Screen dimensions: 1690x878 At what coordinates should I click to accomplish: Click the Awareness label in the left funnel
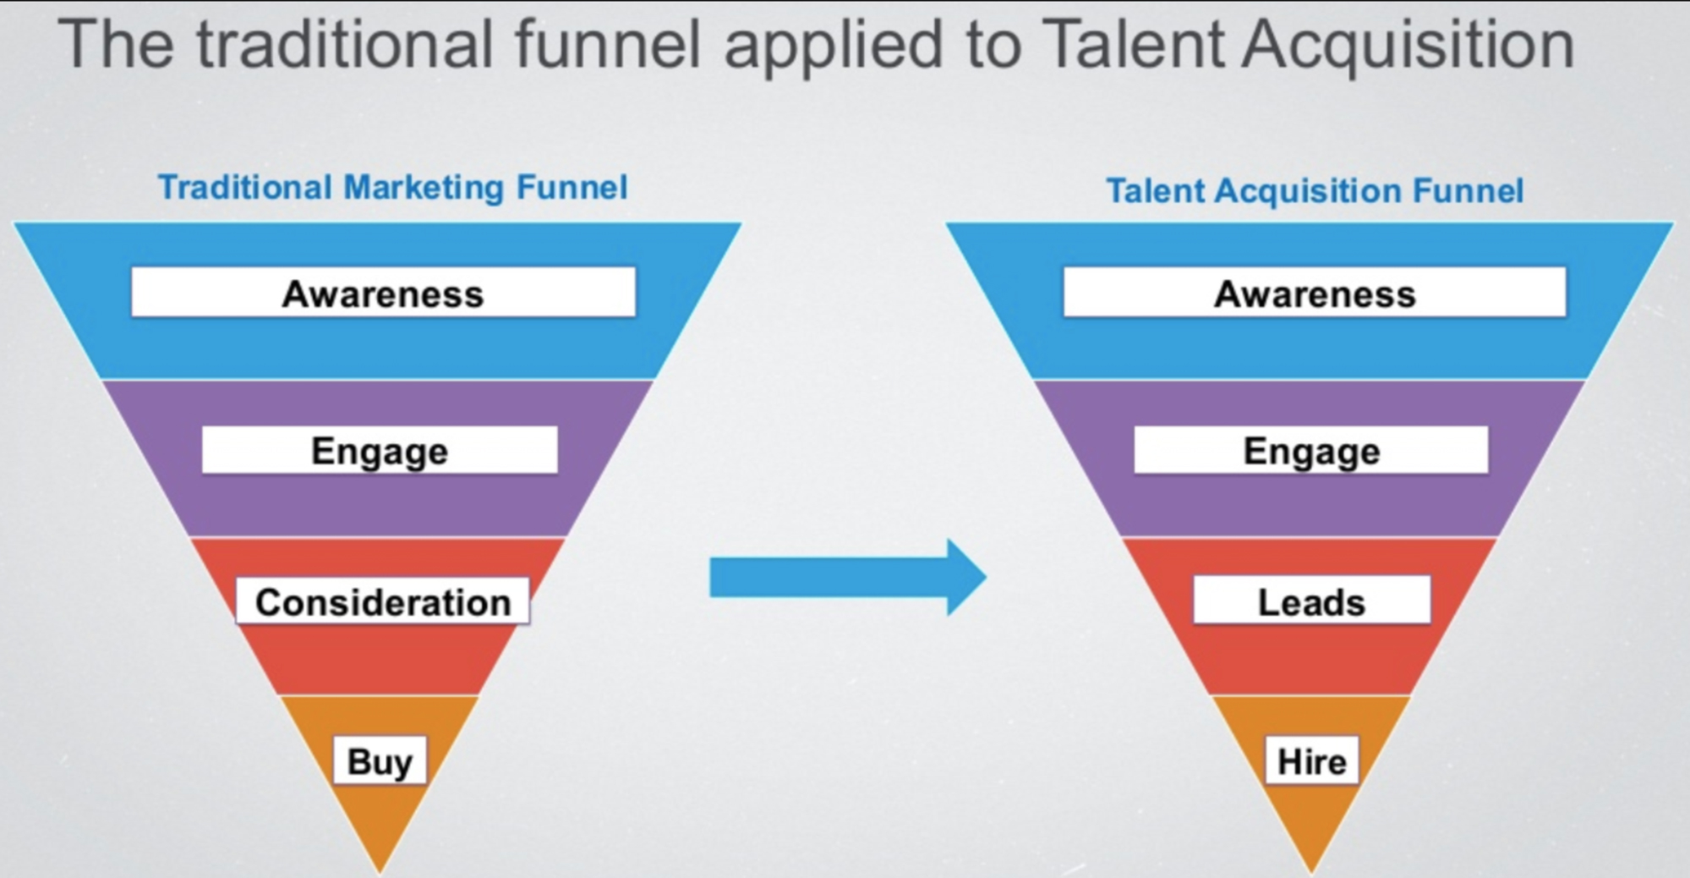[x=383, y=293]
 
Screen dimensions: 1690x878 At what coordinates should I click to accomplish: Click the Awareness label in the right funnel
[x=1315, y=293]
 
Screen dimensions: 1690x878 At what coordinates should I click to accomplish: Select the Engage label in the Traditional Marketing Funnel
[x=380, y=450]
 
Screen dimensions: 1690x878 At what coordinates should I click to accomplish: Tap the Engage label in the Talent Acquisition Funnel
[x=1311, y=450]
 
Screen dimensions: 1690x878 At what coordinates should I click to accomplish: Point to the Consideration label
[x=383, y=601]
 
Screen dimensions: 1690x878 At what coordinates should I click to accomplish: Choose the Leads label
[x=1312, y=601]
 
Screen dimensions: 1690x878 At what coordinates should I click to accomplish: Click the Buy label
[x=380, y=760]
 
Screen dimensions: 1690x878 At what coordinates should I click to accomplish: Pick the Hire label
[x=1312, y=760]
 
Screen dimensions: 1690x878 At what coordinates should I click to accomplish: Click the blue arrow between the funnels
[x=848, y=578]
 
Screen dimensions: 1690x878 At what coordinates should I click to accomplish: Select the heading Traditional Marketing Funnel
[x=393, y=187]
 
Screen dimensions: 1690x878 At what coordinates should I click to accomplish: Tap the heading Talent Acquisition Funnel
[x=1315, y=190]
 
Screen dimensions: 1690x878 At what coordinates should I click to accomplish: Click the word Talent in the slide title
[x=1133, y=44]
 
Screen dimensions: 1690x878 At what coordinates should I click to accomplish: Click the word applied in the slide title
[x=834, y=47]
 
